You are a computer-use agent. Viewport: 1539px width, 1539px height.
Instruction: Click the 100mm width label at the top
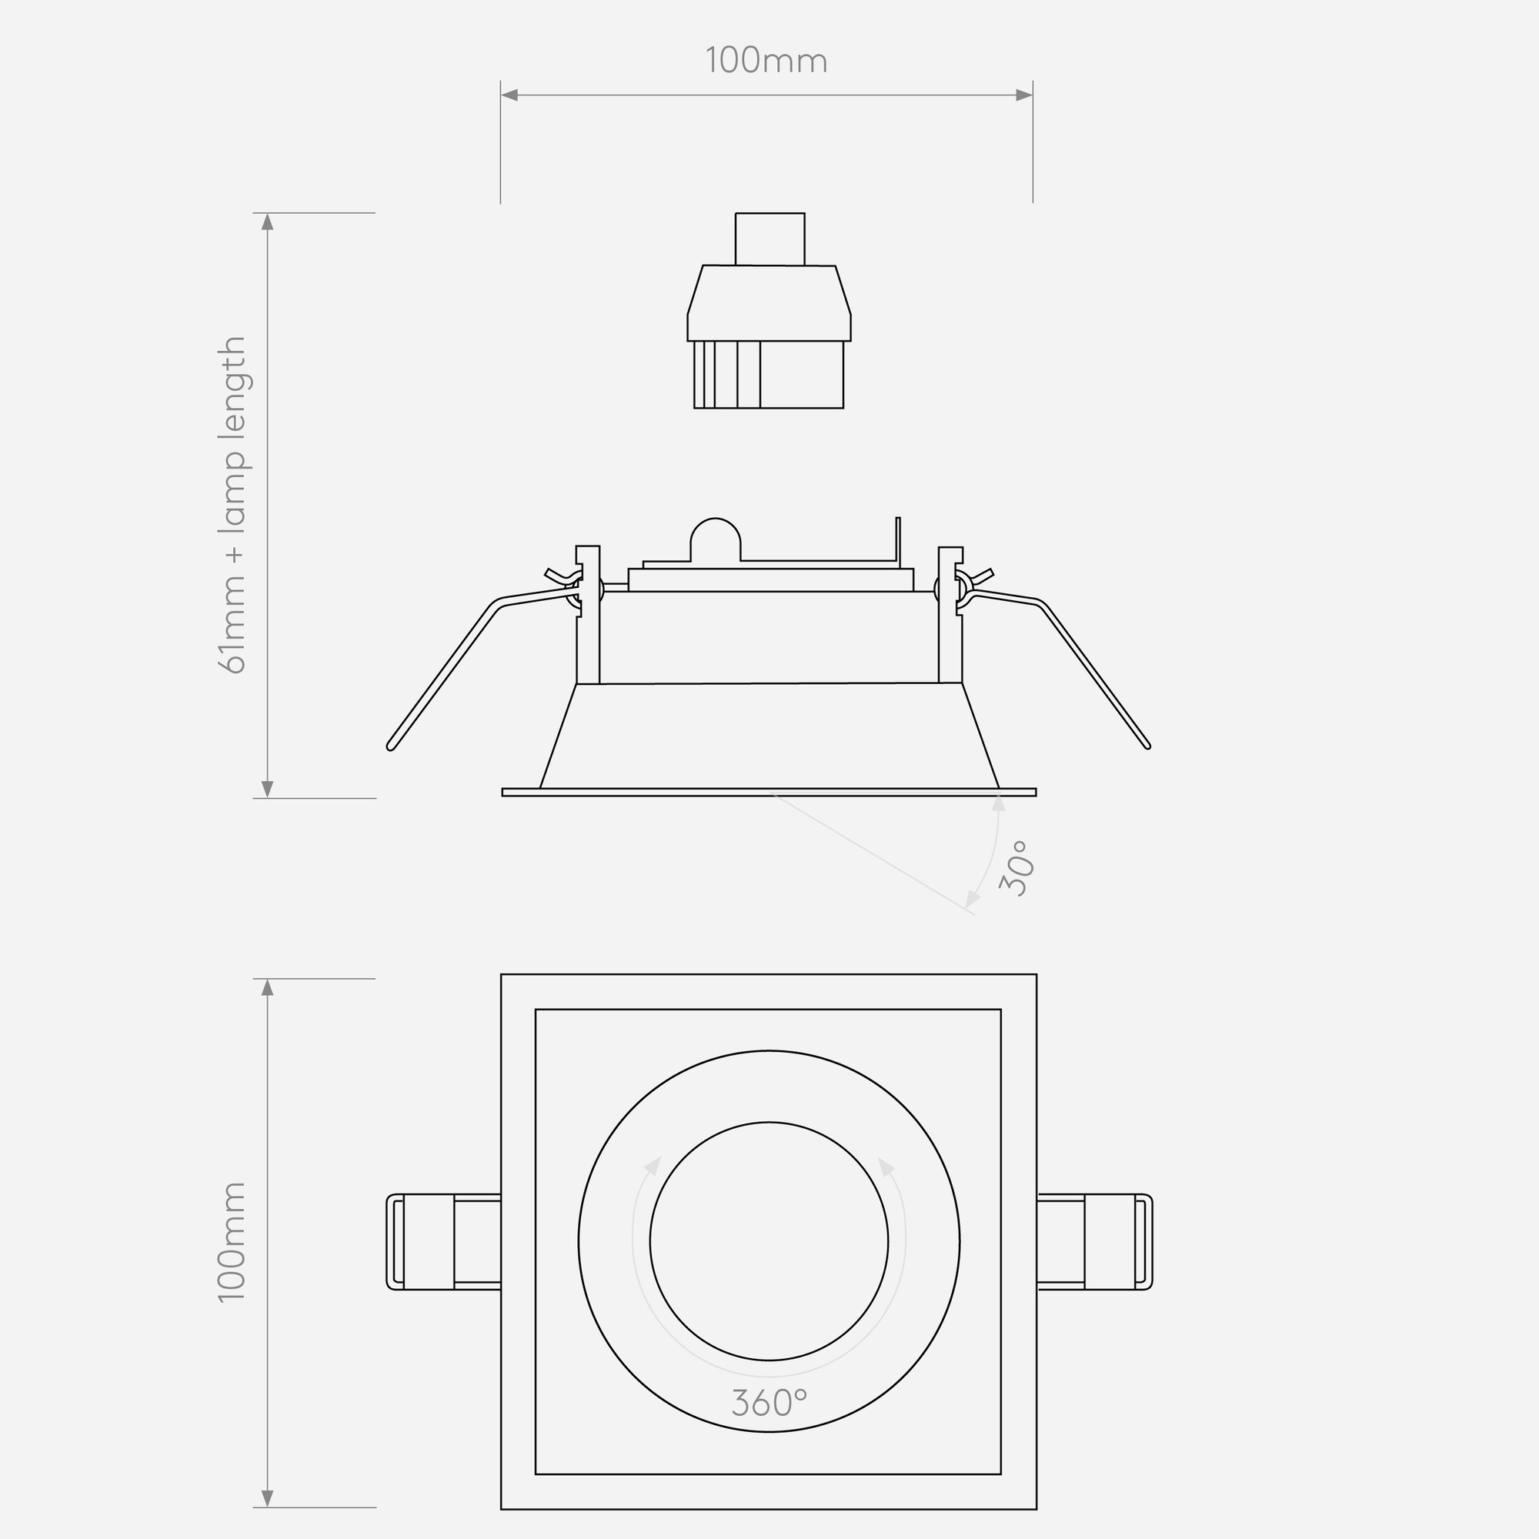[x=766, y=62]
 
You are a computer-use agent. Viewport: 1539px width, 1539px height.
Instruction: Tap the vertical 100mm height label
[x=232, y=1242]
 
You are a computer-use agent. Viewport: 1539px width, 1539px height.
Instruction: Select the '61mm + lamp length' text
[x=232, y=505]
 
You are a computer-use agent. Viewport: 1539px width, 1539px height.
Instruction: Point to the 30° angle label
[x=1017, y=867]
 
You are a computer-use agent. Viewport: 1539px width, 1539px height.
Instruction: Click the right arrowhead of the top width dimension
[x=1024, y=95]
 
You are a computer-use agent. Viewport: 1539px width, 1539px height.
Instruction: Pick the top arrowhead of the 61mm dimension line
[x=268, y=222]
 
